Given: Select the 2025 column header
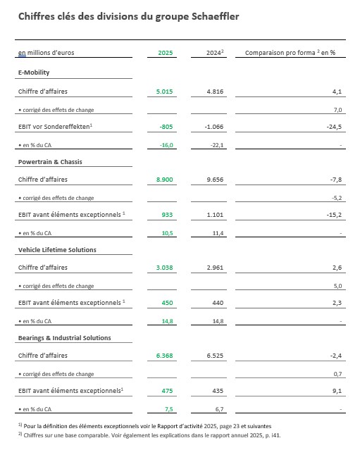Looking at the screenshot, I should click(x=166, y=53).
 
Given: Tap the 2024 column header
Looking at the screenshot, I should click(x=215, y=53).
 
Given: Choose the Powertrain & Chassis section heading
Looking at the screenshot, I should click(x=50, y=161).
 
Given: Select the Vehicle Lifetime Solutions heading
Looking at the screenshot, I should click(x=57, y=249).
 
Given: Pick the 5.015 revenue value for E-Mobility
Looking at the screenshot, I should click(x=166, y=91).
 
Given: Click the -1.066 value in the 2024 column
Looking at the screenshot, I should click(x=213, y=127).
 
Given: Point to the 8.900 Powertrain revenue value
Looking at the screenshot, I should click(x=166, y=180).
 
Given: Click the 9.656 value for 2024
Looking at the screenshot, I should click(x=214, y=180).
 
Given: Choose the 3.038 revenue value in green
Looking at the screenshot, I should click(x=166, y=268).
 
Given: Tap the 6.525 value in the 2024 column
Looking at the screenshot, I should click(x=214, y=356).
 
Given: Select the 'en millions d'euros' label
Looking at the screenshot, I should click(x=46, y=53).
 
